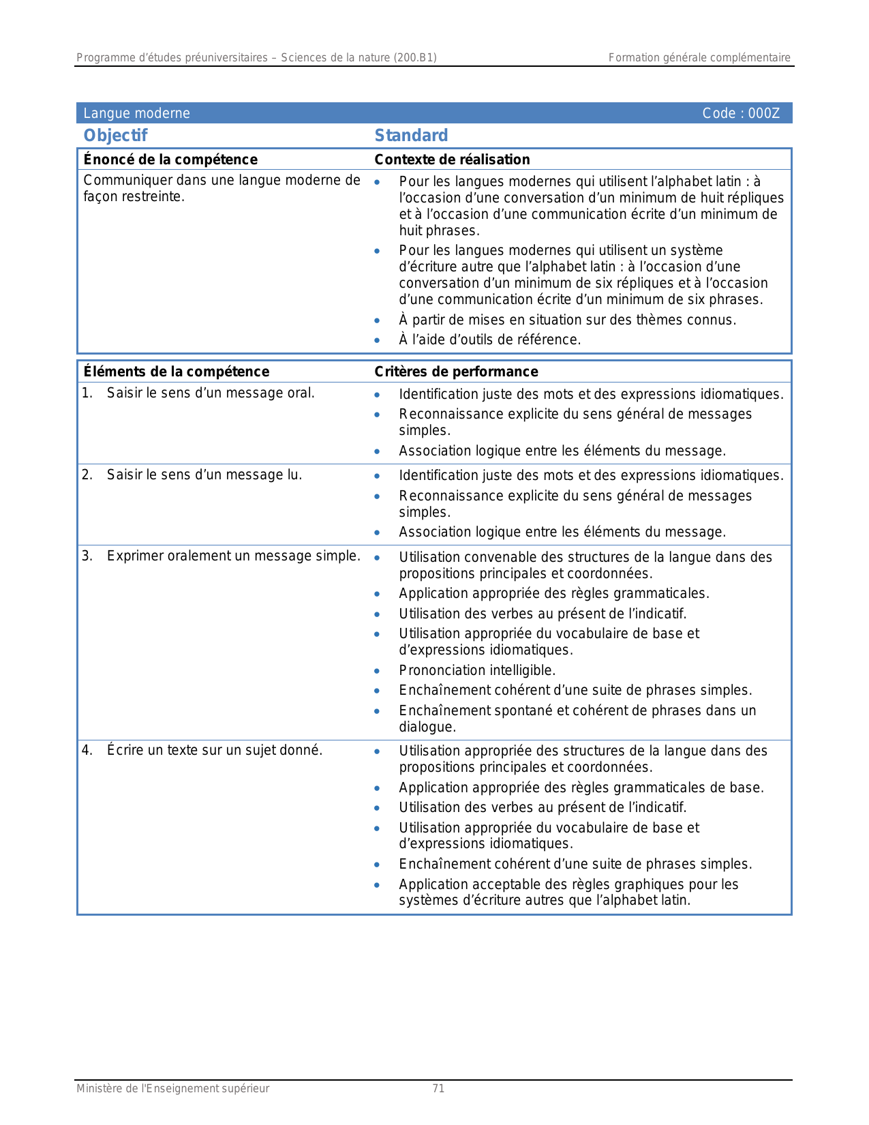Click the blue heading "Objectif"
[x=115, y=136]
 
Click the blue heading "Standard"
[x=411, y=136]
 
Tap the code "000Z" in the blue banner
[x=763, y=113]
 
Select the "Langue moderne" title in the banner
[x=136, y=113]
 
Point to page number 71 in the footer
[x=438, y=1089]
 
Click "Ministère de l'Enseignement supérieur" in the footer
[x=172, y=1089]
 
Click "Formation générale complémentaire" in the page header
[x=699, y=58]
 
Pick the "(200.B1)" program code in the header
[x=414, y=58]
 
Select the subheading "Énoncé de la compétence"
[x=170, y=160]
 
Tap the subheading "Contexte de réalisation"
[x=452, y=160]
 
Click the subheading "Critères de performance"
[x=456, y=372]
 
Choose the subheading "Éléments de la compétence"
[x=176, y=372]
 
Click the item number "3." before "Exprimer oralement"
[x=87, y=556]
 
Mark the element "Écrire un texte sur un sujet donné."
[x=214, y=751]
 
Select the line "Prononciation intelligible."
[x=477, y=670]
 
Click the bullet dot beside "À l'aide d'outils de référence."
[x=377, y=340]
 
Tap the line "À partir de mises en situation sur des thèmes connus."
[x=567, y=320]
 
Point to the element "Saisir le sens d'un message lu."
[x=204, y=475]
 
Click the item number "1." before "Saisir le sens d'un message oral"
[x=87, y=393]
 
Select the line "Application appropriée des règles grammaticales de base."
[x=581, y=787]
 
